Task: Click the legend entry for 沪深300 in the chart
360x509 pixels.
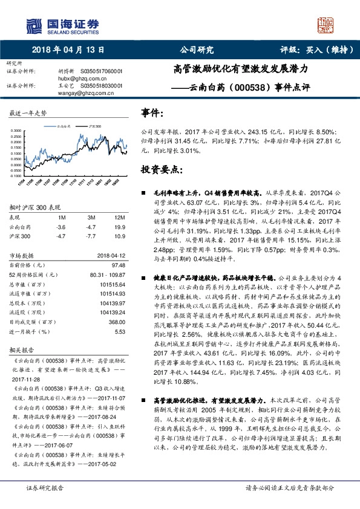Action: coord(94,126)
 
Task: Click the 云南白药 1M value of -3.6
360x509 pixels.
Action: coord(60,226)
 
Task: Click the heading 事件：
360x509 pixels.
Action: coord(152,113)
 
